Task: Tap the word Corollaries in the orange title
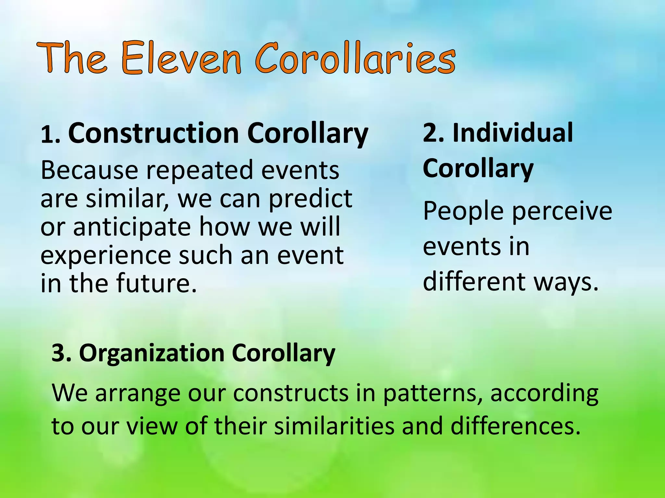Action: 356,58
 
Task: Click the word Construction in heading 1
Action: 153,134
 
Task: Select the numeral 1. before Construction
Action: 50,135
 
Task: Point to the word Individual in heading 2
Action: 513,133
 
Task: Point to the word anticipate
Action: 132,227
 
